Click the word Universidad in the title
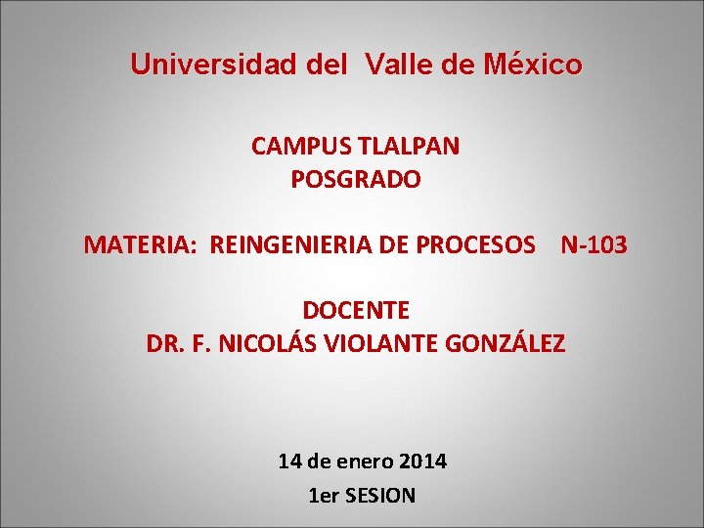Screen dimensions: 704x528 (214, 64)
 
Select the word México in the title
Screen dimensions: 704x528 (533, 64)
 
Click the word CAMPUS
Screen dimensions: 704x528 (301, 146)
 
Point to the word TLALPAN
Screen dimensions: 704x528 (409, 146)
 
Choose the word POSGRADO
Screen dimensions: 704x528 (356, 179)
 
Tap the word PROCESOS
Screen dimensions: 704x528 (475, 244)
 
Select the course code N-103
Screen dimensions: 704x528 (594, 244)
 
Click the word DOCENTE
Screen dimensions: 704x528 (356, 310)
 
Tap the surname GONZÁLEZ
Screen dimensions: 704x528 (506, 342)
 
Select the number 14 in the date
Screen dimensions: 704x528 (289, 462)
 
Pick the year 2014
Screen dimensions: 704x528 (422, 462)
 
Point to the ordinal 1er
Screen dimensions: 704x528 (324, 496)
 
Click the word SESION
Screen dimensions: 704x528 (380, 496)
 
